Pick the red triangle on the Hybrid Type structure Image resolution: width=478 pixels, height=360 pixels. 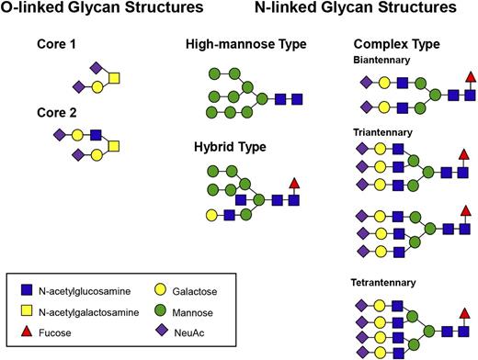294,184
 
